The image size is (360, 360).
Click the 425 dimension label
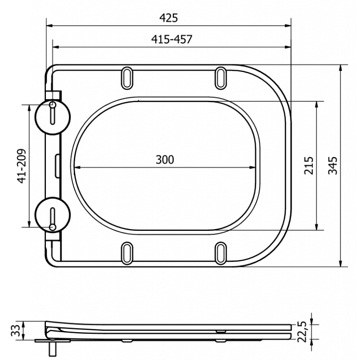tap(169, 18)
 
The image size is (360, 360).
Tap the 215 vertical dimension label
tap(308, 166)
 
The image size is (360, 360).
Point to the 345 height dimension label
tap(333, 166)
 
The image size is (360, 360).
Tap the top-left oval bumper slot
tap(127, 77)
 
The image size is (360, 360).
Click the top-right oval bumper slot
tap(221, 77)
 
